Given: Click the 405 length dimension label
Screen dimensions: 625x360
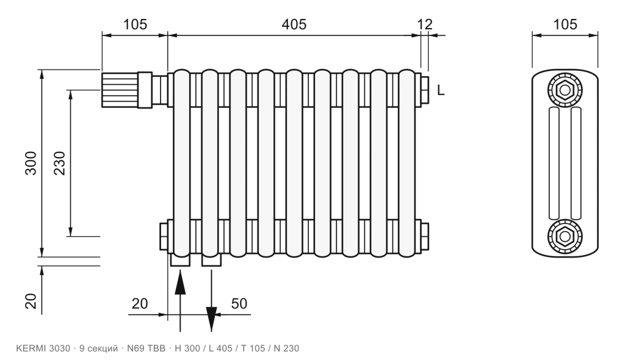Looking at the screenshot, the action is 294,24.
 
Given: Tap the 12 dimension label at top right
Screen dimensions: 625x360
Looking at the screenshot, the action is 425,24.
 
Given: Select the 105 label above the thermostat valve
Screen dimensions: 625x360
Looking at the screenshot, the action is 135,24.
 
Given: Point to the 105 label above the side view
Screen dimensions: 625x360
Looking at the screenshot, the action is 565,24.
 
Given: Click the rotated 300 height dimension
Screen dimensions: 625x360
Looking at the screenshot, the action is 31,163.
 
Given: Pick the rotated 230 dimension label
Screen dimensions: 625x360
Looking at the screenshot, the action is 59,163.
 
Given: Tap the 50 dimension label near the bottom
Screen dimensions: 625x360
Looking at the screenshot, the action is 239,304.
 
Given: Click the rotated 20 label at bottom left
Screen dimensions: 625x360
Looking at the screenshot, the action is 31,301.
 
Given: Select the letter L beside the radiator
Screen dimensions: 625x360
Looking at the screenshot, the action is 441,90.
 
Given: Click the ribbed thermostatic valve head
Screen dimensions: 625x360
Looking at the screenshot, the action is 120,90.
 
